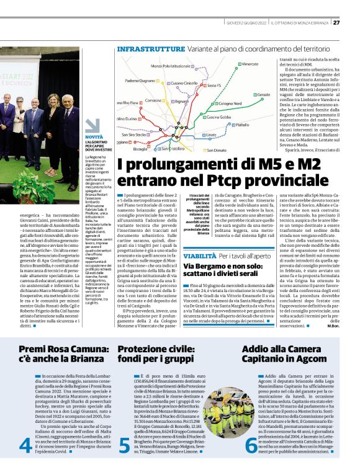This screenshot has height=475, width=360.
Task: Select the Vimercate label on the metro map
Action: point(249,63)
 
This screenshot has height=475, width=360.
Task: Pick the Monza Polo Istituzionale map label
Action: point(153,66)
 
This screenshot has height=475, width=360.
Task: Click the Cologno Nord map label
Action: point(230,103)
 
